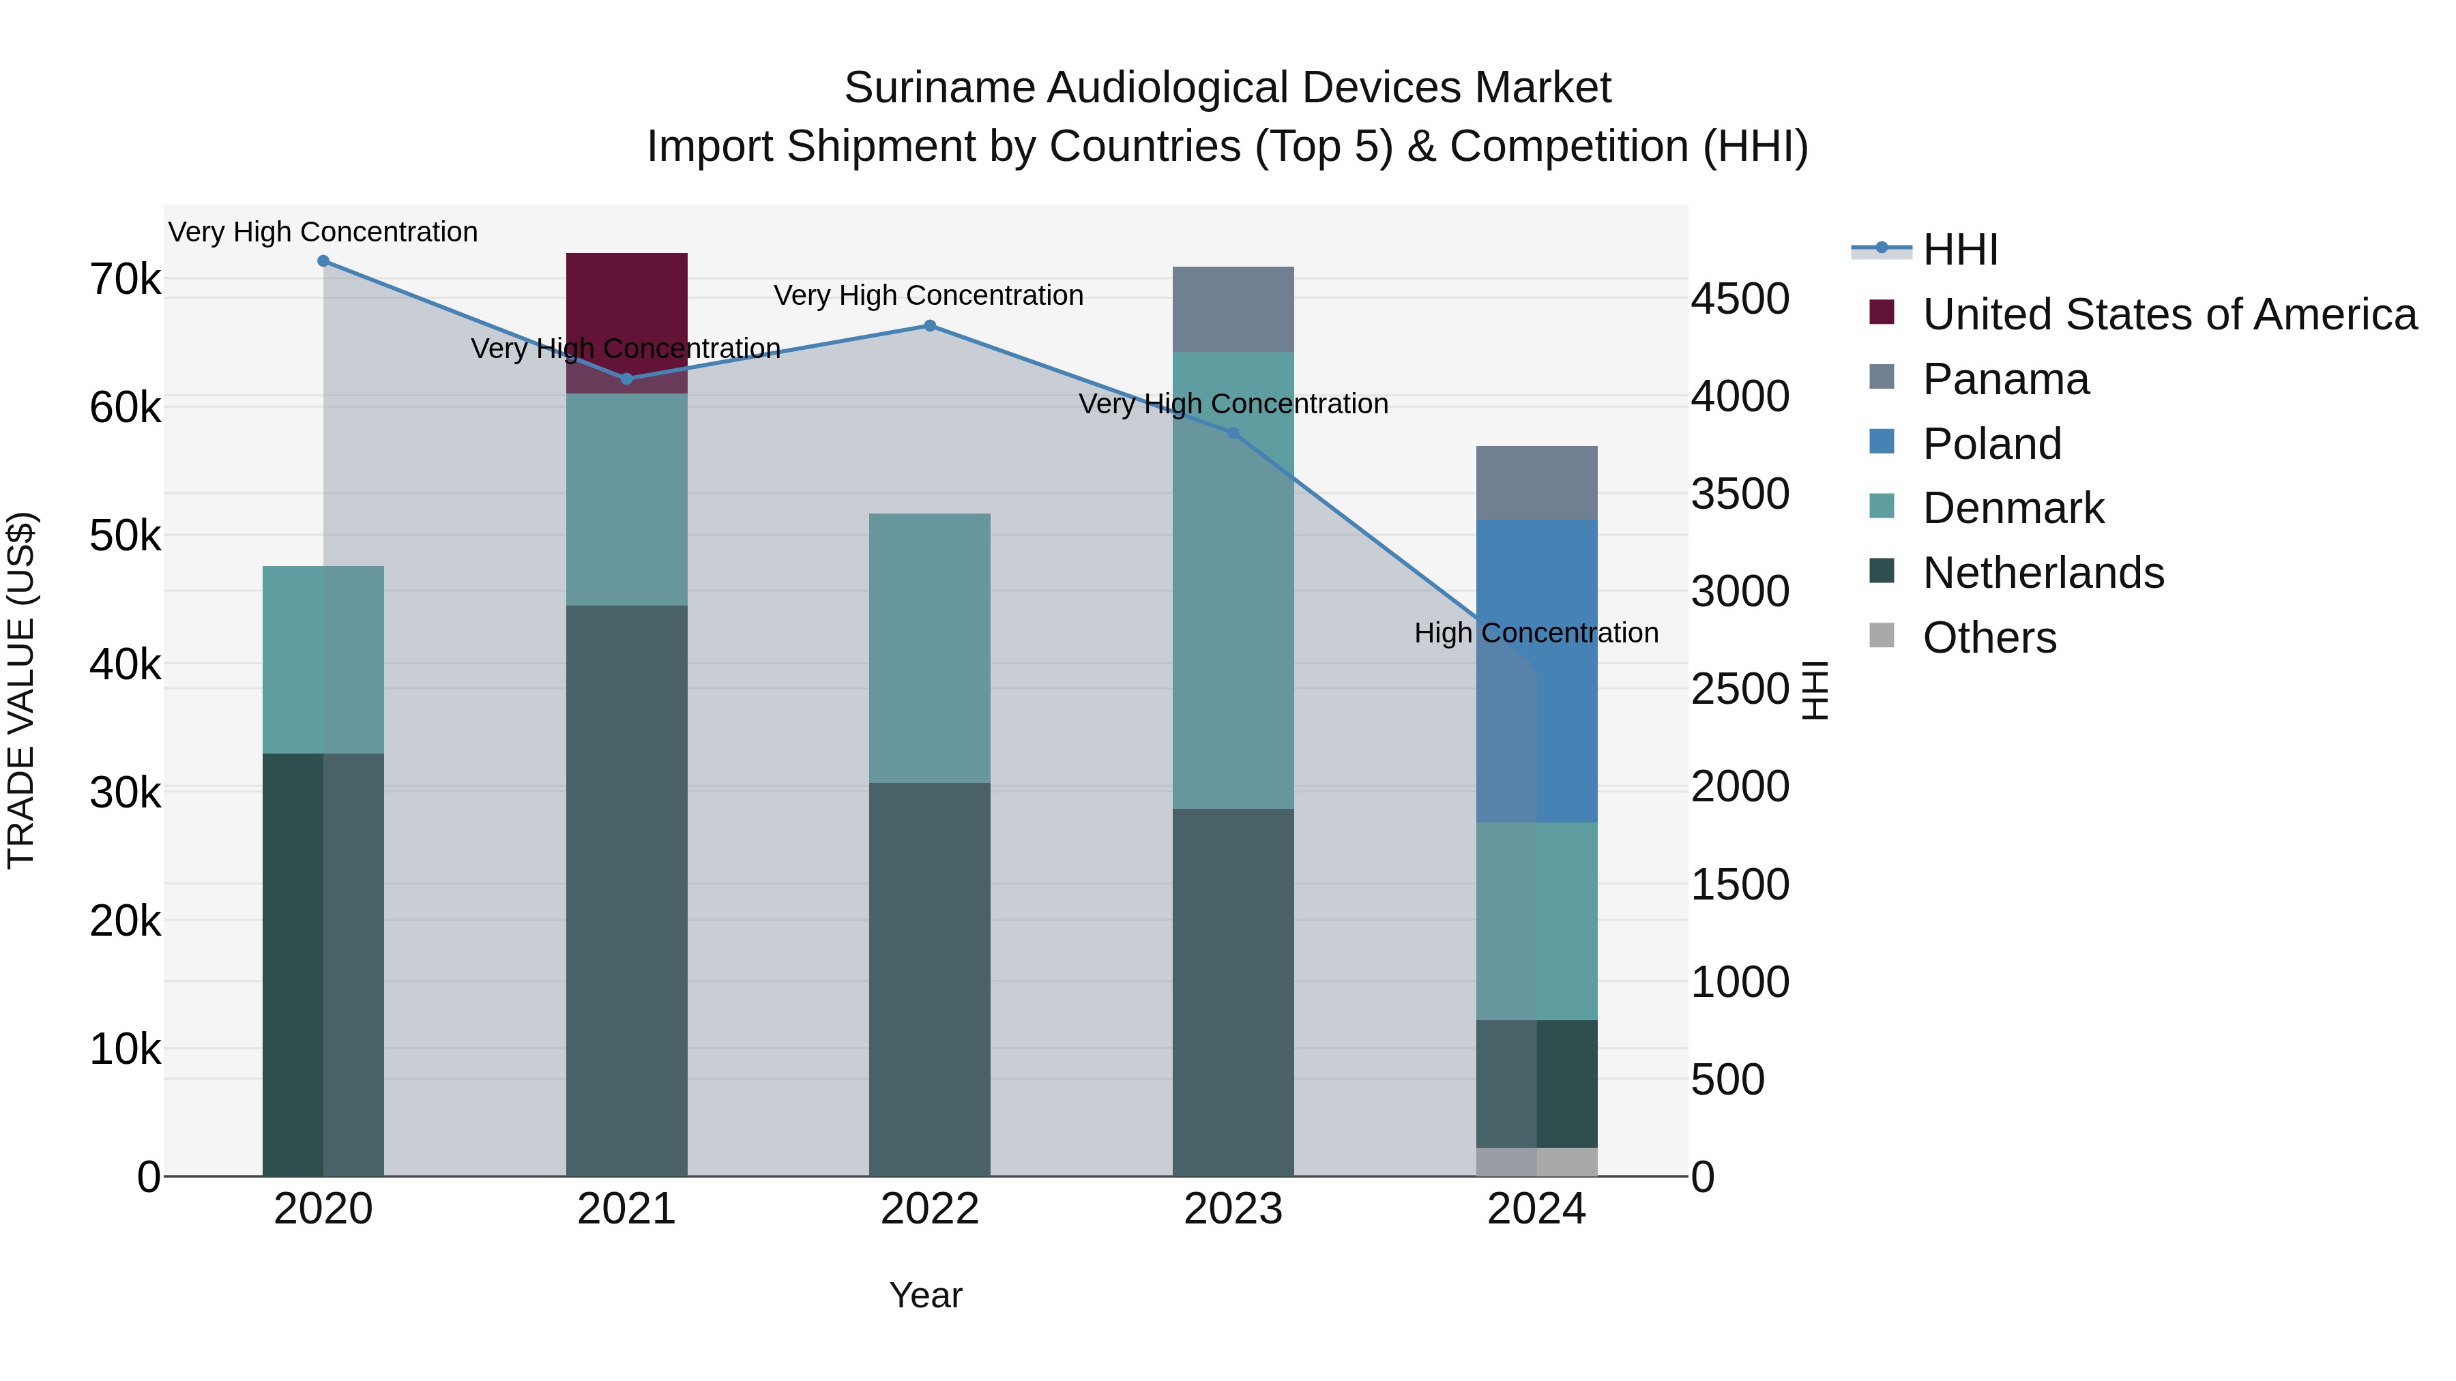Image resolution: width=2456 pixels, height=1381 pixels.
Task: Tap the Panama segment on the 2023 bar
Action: pos(1233,309)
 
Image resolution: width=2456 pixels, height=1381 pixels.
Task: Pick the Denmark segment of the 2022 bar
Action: pos(930,648)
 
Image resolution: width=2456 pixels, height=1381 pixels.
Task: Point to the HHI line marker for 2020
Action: pos(323,261)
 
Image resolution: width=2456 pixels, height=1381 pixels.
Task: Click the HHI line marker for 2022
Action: pos(930,326)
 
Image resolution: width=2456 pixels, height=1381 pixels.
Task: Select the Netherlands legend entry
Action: pos(2042,573)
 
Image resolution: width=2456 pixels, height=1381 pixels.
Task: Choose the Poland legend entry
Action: pos(1991,444)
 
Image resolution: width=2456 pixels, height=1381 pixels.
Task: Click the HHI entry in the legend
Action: pos(1959,250)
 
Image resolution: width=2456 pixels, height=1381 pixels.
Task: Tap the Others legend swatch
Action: pos(1881,635)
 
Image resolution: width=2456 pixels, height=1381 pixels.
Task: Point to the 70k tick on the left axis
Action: pos(125,280)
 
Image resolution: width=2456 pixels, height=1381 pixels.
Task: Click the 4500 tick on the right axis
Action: pos(1740,298)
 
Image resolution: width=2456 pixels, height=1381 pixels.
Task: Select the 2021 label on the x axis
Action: pos(626,1209)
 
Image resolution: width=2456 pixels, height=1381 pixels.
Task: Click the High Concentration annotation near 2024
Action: pos(1536,633)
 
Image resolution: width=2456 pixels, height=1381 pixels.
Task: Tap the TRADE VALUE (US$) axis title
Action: pos(21,690)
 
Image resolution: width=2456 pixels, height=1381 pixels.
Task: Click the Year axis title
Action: pos(926,1295)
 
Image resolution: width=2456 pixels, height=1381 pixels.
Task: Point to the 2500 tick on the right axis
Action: pos(1740,689)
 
